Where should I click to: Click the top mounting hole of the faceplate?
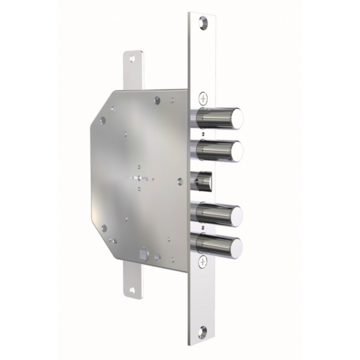click(204, 22)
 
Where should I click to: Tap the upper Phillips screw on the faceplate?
click(204, 97)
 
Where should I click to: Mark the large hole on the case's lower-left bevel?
click(103, 227)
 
